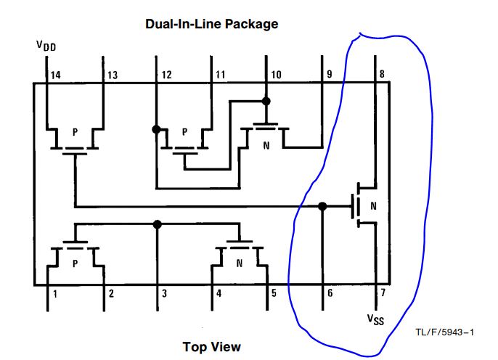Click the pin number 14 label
[x=56, y=75]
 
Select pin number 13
[x=113, y=75]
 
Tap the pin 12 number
[x=166, y=75]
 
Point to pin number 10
[x=276, y=75]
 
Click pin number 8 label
[x=381, y=75]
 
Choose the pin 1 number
[x=54, y=293]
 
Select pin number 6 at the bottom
[x=330, y=293]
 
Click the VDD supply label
[x=46, y=46]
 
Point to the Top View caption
[x=212, y=346]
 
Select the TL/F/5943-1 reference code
[x=444, y=332]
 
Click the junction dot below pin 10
[x=266, y=100]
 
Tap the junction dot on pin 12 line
[x=155, y=129]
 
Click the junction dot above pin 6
[x=323, y=206]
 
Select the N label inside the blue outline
[x=373, y=205]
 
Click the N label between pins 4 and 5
[x=240, y=263]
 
